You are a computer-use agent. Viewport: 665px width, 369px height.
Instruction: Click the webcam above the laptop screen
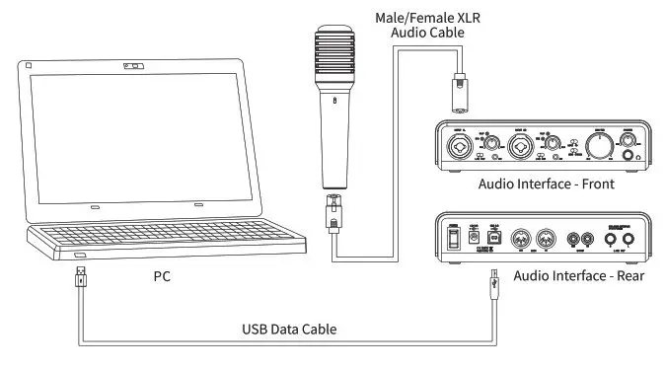pos(129,67)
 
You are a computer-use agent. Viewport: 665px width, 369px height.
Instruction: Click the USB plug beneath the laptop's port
pos(81,281)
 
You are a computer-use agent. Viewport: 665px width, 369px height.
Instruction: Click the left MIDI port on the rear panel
pos(526,238)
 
